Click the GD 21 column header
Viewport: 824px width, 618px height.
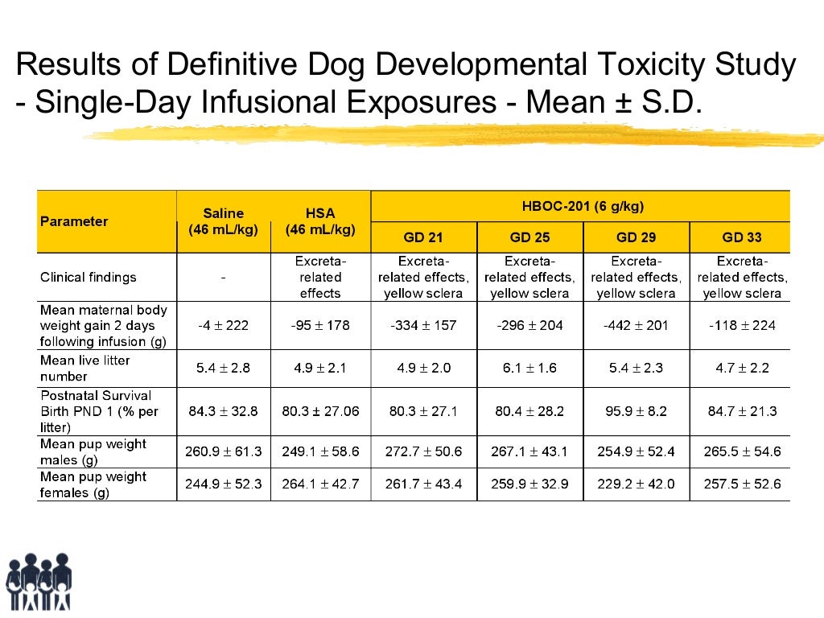click(x=423, y=237)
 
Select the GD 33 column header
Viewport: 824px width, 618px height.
click(x=741, y=237)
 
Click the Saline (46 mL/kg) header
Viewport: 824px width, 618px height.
click(x=223, y=221)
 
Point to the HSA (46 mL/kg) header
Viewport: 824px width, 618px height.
click(x=320, y=221)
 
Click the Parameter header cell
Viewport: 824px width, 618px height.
click(x=74, y=221)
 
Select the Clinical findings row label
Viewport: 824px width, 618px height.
click(x=89, y=278)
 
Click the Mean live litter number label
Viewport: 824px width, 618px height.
click(x=84, y=369)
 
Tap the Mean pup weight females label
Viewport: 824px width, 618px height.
click(x=93, y=484)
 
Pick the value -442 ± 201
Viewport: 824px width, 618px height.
click(x=636, y=326)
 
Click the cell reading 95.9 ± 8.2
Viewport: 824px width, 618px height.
click(x=636, y=411)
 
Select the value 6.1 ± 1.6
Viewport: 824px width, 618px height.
click(x=529, y=369)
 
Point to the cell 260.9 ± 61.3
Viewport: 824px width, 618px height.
click(x=223, y=452)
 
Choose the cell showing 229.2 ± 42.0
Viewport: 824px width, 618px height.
click(x=636, y=484)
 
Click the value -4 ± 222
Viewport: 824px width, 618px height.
click(x=223, y=326)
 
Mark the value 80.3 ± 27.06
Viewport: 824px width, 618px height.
click(x=320, y=411)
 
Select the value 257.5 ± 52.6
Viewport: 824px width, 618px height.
click(x=741, y=484)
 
